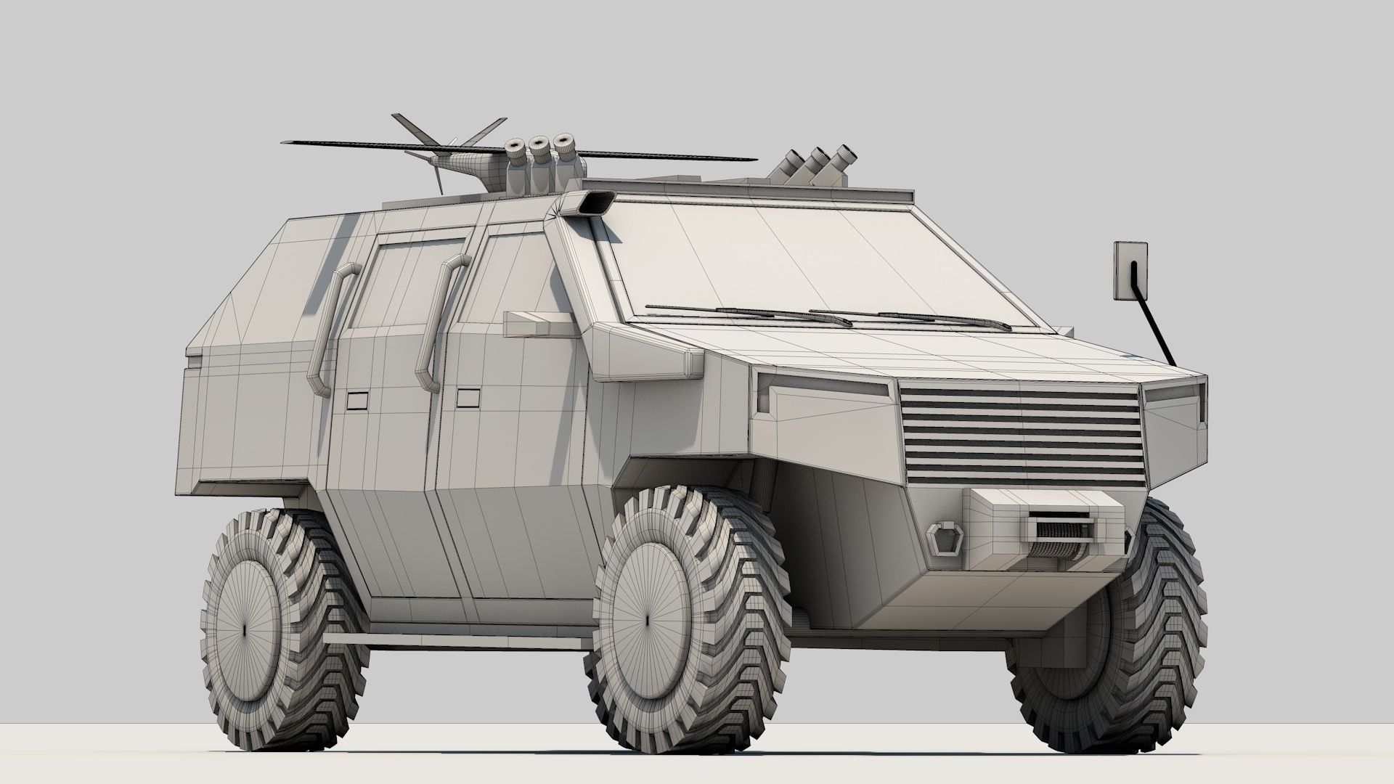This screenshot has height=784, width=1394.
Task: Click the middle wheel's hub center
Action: tap(648, 622)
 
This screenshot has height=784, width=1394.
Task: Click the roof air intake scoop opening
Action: tap(593, 205)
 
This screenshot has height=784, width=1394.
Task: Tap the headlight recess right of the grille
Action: tap(1173, 396)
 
